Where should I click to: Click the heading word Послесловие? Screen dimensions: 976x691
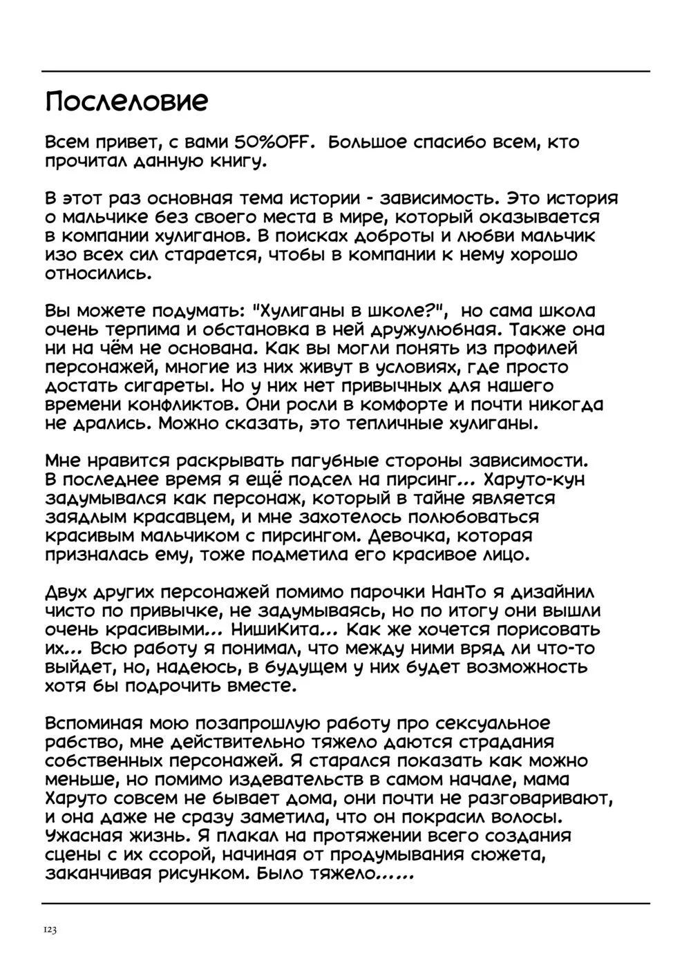point(126,103)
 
